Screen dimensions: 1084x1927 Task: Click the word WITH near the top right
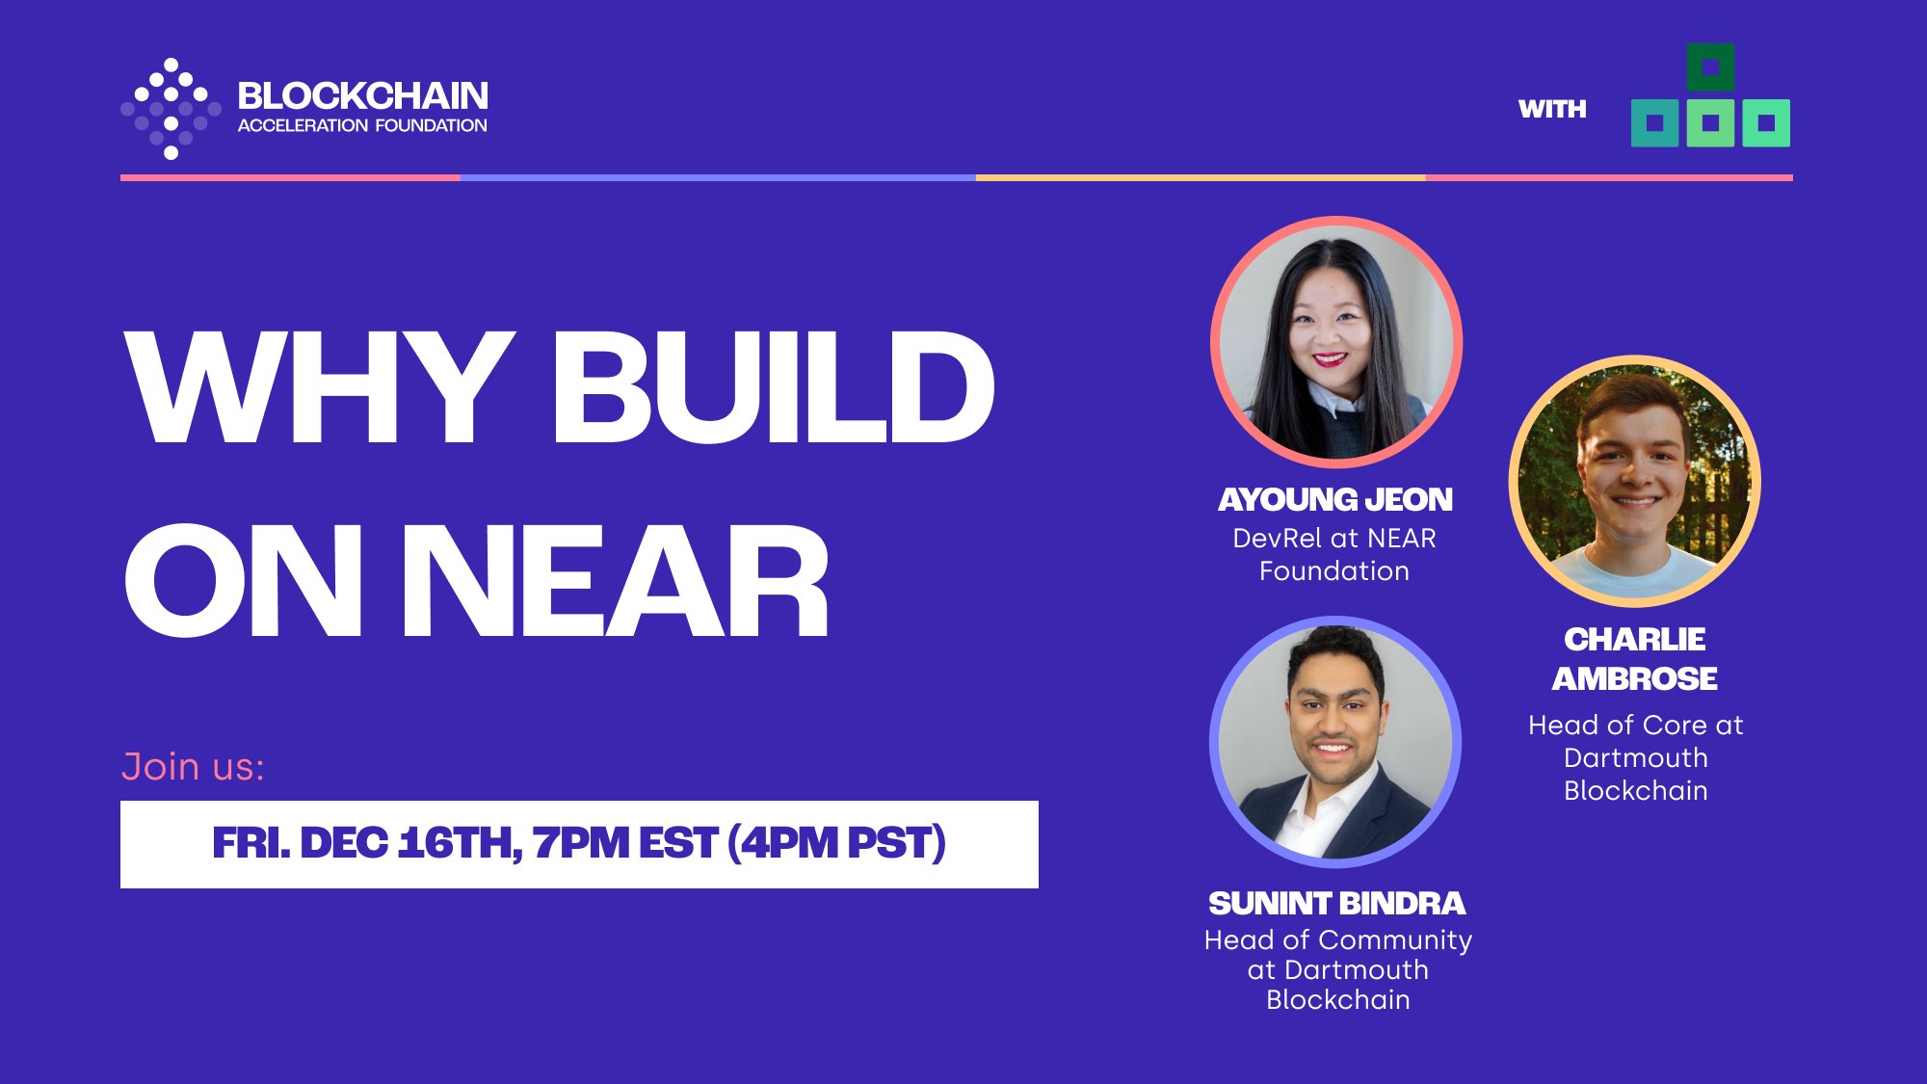[x=1551, y=109]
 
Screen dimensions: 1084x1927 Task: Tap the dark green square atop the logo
[x=1710, y=67]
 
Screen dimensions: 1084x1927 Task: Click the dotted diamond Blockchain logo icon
[x=171, y=108]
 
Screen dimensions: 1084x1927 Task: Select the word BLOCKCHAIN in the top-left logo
[x=362, y=96]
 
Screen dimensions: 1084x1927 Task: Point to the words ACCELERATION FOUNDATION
[x=362, y=125]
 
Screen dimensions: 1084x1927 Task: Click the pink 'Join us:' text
[x=193, y=767]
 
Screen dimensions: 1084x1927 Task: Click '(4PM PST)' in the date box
[x=836, y=843]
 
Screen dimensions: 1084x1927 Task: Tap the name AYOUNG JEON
[x=1335, y=499]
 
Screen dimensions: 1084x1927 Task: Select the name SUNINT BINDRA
[x=1336, y=903]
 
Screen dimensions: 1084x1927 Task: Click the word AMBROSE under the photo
[x=1634, y=678]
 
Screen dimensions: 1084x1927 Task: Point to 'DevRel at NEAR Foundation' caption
[x=1334, y=554]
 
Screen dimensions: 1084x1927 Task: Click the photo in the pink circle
[x=1336, y=342]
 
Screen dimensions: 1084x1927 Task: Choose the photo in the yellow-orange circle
[x=1635, y=481]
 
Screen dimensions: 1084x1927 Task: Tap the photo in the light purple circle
[x=1335, y=742]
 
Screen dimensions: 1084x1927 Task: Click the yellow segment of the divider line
[x=1200, y=177]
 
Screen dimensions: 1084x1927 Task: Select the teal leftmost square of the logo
[x=1655, y=123]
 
